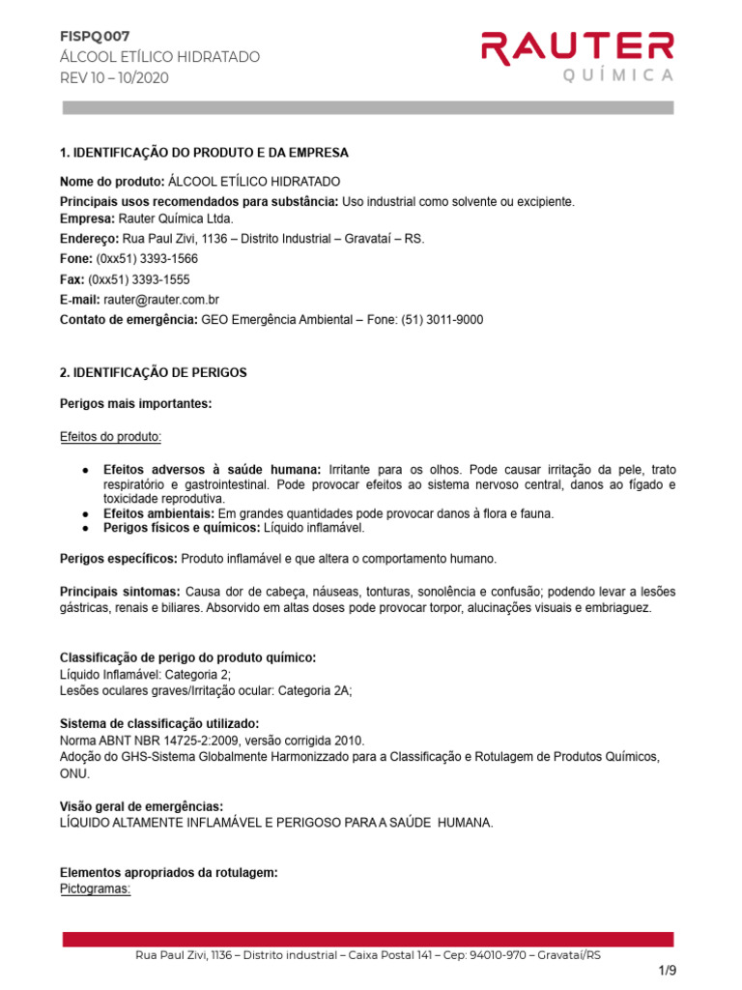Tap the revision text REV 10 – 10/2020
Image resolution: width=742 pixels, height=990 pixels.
(x=114, y=78)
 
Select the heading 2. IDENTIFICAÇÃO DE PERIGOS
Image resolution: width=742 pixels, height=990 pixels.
(x=154, y=372)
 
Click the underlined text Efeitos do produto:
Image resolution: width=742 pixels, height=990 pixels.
(x=111, y=437)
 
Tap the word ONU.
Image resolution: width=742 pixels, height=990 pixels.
(x=74, y=774)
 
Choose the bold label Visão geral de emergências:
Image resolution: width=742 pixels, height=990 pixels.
(x=142, y=806)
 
